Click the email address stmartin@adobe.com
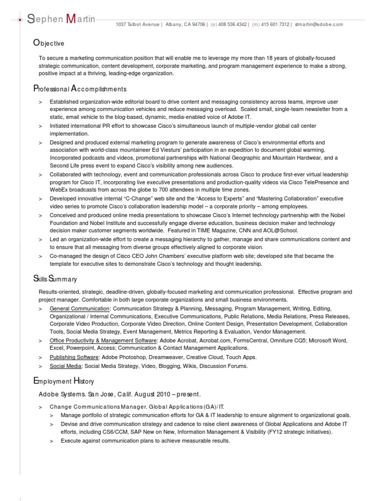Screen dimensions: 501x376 click(319, 24)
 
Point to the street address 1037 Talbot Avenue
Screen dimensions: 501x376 click(138, 24)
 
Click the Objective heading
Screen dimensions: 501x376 click(48, 44)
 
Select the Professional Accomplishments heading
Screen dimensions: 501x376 click(80, 89)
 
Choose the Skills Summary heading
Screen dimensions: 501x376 click(55, 279)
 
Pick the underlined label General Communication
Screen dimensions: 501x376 click(79, 309)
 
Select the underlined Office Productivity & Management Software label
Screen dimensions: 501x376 click(103, 340)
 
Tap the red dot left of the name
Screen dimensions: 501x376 click(20, 20)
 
